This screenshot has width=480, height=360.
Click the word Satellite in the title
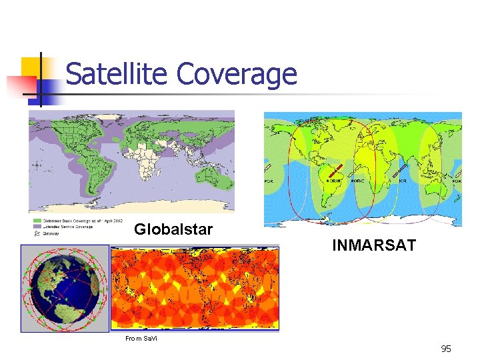coord(117,74)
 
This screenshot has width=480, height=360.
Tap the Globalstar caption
coord(173,230)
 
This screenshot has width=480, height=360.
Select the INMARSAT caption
coord(374,246)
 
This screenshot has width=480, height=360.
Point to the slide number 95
coord(446,349)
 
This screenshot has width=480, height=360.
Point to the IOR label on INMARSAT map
coord(403,180)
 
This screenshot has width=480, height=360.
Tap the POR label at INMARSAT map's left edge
coord(270,181)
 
